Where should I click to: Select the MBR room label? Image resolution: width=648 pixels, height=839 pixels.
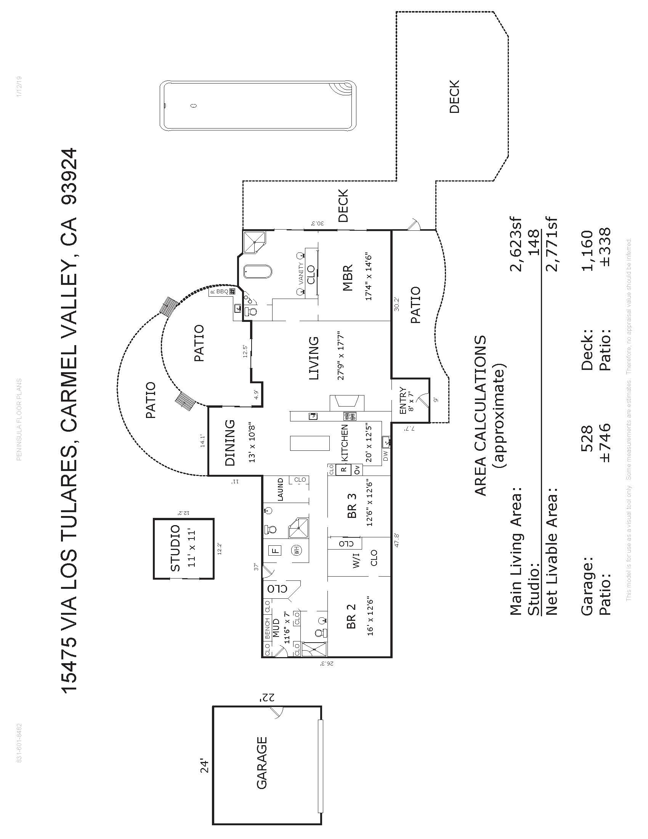(348, 277)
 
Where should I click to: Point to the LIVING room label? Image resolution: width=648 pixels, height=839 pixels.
(314, 358)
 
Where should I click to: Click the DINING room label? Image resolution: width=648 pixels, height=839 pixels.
(229, 442)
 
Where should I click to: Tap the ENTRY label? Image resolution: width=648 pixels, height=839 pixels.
(403, 401)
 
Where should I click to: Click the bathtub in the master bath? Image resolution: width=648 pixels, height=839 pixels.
(258, 271)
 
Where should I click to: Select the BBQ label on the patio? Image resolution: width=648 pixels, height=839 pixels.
(222, 292)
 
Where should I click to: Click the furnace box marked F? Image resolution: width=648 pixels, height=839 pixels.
(276, 550)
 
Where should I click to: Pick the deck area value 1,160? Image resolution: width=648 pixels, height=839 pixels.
(588, 251)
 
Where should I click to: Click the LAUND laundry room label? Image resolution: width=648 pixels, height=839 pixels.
(280, 489)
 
